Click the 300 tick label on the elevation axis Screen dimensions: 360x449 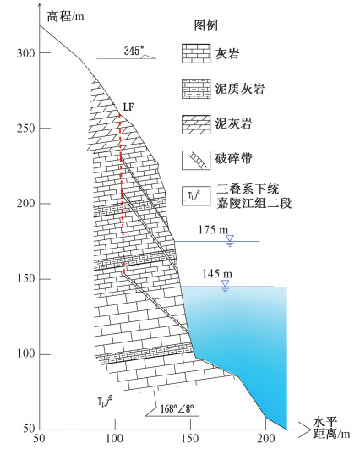click(25, 53)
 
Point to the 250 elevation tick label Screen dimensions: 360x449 click(25, 129)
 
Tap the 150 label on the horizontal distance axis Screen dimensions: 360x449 click(190, 438)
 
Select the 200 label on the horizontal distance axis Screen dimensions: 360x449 click(266, 438)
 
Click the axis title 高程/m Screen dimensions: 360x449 click(66, 16)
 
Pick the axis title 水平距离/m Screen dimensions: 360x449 click(331, 428)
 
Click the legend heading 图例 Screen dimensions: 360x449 click(206, 25)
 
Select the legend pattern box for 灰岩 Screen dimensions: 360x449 click(196, 53)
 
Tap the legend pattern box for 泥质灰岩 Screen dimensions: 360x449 click(196, 90)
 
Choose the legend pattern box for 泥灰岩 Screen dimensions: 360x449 click(196, 124)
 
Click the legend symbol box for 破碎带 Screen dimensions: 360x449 click(196, 161)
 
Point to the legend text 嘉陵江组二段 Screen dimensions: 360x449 click(254, 203)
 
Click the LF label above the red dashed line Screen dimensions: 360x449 click(128, 107)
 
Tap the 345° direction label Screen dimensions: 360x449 click(133, 51)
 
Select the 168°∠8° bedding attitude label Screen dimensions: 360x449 click(177, 408)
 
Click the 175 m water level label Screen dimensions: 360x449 click(214, 230)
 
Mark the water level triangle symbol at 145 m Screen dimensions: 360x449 click(226, 283)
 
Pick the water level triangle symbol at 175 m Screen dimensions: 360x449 click(230, 238)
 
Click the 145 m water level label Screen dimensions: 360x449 click(217, 274)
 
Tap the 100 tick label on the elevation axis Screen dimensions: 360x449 click(25, 354)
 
